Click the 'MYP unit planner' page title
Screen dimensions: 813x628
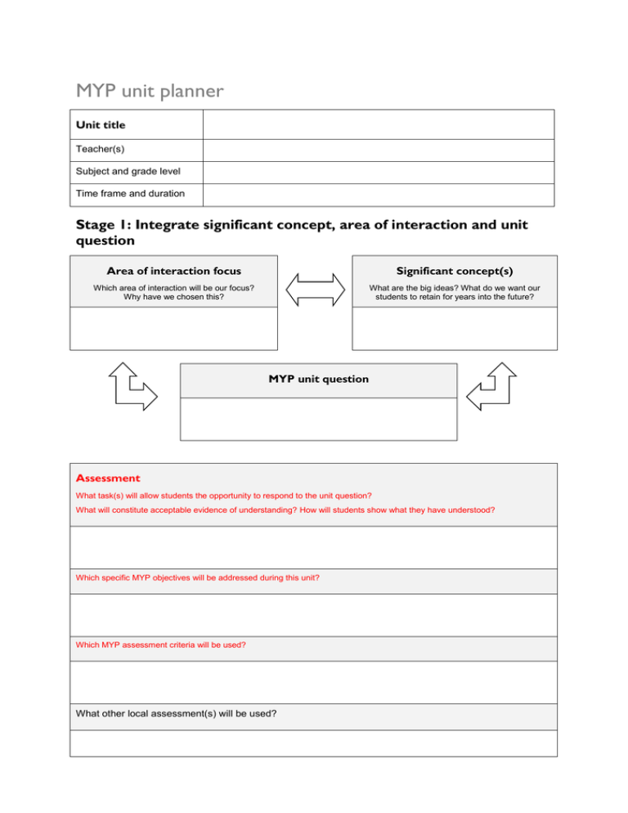[149, 91]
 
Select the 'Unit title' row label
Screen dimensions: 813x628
[101, 125]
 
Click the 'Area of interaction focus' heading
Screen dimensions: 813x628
[173, 271]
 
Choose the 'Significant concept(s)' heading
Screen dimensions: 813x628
[455, 271]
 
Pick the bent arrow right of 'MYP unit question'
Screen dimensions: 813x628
[492, 385]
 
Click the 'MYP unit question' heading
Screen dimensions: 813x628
[318, 380]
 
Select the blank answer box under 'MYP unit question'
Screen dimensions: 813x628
[318, 420]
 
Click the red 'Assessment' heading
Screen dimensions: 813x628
[107, 478]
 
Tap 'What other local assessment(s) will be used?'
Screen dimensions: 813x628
[176, 713]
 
